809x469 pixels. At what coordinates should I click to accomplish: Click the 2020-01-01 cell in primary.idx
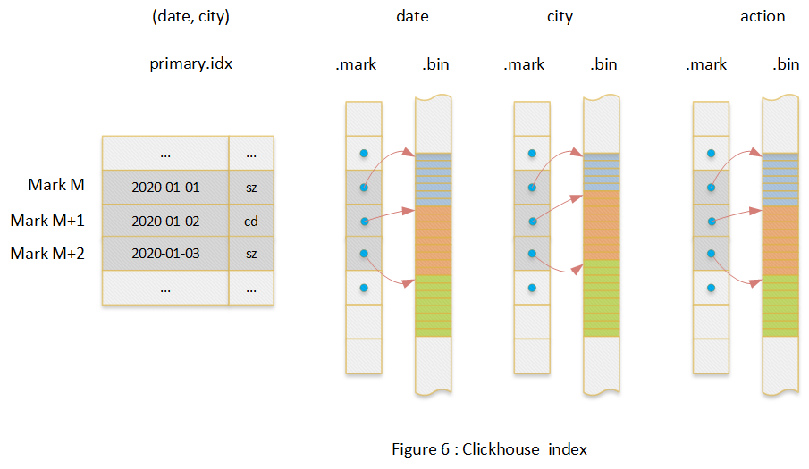click(x=165, y=188)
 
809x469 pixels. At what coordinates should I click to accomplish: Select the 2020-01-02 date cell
click(x=165, y=221)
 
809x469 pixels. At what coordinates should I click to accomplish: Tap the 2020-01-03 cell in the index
click(x=165, y=254)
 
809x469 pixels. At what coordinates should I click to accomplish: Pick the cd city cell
click(x=251, y=221)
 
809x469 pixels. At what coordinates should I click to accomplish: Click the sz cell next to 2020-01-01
click(x=251, y=188)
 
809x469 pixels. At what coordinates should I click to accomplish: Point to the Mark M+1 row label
click(x=47, y=220)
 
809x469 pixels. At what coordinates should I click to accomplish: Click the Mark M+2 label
click(x=47, y=254)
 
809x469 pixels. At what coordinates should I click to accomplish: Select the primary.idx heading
click(x=191, y=64)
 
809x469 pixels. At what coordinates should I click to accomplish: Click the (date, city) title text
click(x=190, y=16)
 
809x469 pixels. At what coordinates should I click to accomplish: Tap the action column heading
click(x=763, y=16)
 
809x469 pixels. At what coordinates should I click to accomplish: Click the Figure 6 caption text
click(x=489, y=448)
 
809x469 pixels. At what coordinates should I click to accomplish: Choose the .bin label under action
click(x=785, y=64)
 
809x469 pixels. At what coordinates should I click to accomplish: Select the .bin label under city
click(x=603, y=64)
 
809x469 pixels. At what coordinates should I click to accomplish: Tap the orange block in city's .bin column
click(x=601, y=224)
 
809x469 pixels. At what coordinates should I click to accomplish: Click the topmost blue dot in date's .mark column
click(x=364, y=154)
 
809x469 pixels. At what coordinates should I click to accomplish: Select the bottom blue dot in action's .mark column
click(x=712, y=288)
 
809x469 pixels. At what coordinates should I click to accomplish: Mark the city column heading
click(x=560, y=16)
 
